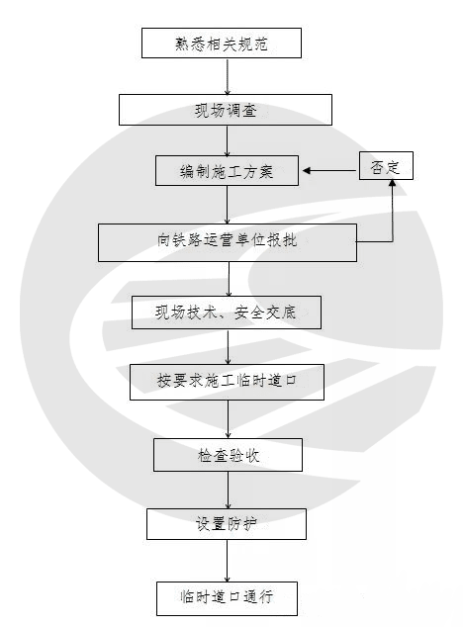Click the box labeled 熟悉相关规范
(x=222, y=44)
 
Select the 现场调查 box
(x=226, y=110)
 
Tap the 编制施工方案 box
(x=227, y=171)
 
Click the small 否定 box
(x=386, y=165)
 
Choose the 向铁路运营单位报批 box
(x=228, y=242)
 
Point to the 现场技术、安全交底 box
(x=227, y=313)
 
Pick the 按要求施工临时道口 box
(x=227, y=382)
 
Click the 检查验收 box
(x=228, y=455)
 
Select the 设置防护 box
(x=227, y=524)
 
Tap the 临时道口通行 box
(x=227, y=598)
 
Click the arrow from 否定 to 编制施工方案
(x=329, y=171)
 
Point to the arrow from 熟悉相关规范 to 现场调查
(x=228, y=76)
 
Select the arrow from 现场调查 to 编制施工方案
(x=227, y=140)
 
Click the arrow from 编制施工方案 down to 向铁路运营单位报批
(x=227, y=205)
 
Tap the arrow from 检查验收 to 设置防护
(x=228, y=490)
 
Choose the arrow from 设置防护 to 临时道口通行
(x=227, y=561)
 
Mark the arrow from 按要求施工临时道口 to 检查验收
(x=228, y=419)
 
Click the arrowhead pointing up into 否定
(x=393, y=183)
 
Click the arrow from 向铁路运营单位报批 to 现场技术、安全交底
(x=229, y=279)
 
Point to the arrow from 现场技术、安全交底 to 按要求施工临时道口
(x=229, y=347)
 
